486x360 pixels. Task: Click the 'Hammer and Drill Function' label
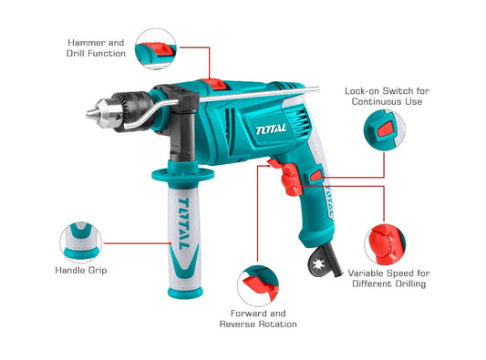point(96,48)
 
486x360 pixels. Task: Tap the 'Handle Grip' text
point(81,270)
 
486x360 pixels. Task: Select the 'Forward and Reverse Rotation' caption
point(258,319)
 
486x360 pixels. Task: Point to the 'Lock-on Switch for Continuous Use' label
point(387,97)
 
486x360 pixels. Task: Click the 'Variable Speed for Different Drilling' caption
point(388,279)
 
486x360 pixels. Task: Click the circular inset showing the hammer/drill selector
point(156,48)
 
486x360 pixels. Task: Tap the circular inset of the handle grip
point(81,242)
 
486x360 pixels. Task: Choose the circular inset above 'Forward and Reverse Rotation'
point(258,286)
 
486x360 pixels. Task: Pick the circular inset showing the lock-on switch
point(385,130)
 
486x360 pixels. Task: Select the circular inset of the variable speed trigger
point(385,245)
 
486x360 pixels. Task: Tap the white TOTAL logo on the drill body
point(271,129)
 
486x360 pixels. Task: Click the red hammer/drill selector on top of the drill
point(213,84)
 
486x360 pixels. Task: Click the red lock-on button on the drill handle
point(316,176)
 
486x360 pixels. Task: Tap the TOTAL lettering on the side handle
point(184,224)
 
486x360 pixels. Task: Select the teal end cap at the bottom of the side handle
point(185,293)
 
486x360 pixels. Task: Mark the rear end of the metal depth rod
point(317,89)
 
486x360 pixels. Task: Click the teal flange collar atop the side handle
point(183,175)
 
